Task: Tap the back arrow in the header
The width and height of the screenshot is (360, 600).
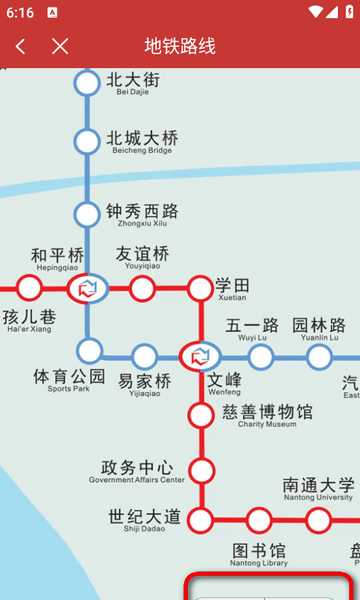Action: (x=21, y=46)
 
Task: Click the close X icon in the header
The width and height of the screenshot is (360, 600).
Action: (x=60, y=46)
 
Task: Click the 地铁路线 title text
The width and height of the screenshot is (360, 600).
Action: (x=180, y=46)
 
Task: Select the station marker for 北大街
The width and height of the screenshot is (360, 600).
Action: (x=87, y=83)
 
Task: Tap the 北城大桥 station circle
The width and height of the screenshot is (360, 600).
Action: (x=87, y=141)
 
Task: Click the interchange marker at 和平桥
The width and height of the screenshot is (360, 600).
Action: (x=87, y=289)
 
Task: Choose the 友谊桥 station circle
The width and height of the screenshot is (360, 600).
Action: (x=143, y=289)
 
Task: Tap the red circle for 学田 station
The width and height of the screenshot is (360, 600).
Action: (x=201, y=289)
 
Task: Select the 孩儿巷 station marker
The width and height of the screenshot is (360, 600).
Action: (x=29, y=289)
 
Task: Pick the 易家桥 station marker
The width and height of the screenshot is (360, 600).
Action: (x=145, y=356)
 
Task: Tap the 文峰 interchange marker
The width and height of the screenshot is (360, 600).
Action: (x=201, y=356)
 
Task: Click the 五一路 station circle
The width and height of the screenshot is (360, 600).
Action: (x=260, y=356)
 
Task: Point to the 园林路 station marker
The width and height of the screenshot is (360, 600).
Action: (x=319, y=356)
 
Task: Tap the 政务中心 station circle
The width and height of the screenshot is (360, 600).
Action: (x=202, y=470)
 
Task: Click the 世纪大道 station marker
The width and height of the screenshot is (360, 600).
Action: (x=201, y=520)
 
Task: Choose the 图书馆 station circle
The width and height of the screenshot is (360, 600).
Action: (x=260, y=520)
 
